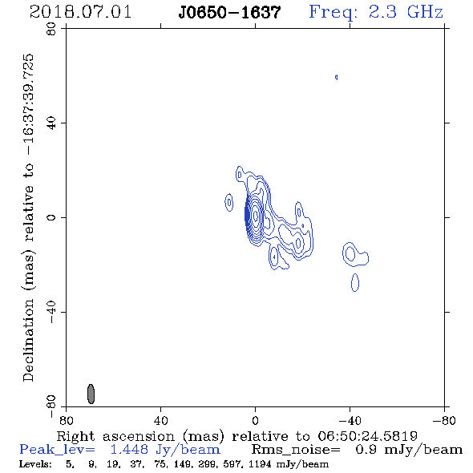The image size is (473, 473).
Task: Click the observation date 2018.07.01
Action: click(x=80, y=12)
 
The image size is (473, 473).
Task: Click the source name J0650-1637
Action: click(x=229, y=12)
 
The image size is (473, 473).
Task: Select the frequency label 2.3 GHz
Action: click(x=406, y=12)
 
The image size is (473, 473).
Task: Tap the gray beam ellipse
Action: click(x=91, y=394)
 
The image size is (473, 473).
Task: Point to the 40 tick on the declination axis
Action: click(x=51, y=123)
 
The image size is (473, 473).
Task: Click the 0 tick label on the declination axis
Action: click(x=51, y=217)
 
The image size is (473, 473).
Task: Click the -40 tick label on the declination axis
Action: click(x=51, y=312)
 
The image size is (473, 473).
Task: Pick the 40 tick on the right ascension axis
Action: click(x=160, y=420)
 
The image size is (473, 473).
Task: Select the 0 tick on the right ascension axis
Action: click(x=255, y=420)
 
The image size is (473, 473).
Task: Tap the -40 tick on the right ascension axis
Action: click(x=350, y=420)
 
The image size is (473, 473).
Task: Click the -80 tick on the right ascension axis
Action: click(x=444, y=420)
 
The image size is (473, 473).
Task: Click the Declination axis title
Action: click(x=28, y=217)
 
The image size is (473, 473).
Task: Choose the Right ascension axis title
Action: click(x=236, y=436)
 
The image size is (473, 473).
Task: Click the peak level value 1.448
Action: click(x=129, y=450)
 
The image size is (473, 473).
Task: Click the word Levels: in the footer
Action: click(x=35, y=464)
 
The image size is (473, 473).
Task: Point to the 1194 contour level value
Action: click(x=257, y=464)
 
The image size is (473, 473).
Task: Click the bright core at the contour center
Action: click(x=256, y=216)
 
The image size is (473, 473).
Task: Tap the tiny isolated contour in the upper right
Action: click(x=337, y=77)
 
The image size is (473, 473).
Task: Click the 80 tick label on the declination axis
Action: click(x=51, y=30)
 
